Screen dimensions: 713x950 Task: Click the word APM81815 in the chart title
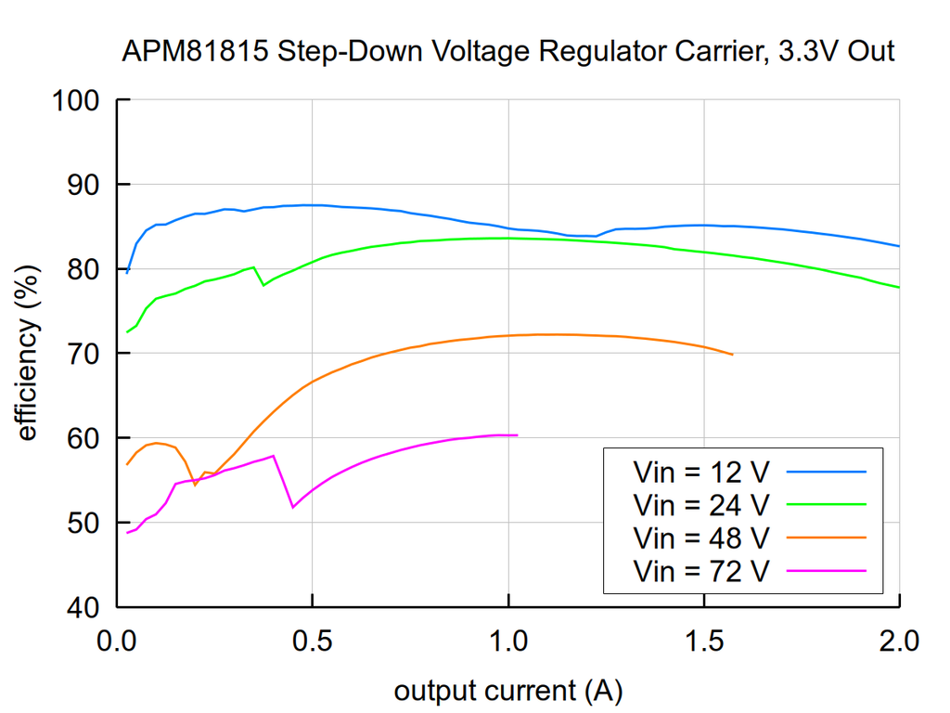[x=196, y=51]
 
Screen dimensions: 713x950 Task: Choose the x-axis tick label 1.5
[x=703, y=641]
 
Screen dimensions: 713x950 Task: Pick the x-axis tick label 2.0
[x=899, y=641]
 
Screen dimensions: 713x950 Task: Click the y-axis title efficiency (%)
[x=27, y=354]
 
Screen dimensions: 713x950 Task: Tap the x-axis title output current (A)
[x=507, y=690]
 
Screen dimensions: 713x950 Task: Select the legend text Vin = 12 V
[x=700, y=473]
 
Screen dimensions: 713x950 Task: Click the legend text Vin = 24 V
[x=700, y=505]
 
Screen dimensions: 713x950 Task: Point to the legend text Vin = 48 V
[x=700, y=538]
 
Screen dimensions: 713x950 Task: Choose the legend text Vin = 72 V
[x=700, y=570]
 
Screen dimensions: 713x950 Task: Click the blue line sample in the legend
[x=826, y=472]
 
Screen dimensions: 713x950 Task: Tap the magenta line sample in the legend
[x=826, y=570]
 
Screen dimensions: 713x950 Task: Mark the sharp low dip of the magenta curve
[x=293, y=507]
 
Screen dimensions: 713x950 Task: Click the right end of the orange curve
[x=732, y=355]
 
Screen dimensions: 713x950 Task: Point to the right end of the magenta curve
[x=517, y=434]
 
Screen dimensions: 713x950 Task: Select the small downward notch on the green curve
[x=264, y=284]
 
